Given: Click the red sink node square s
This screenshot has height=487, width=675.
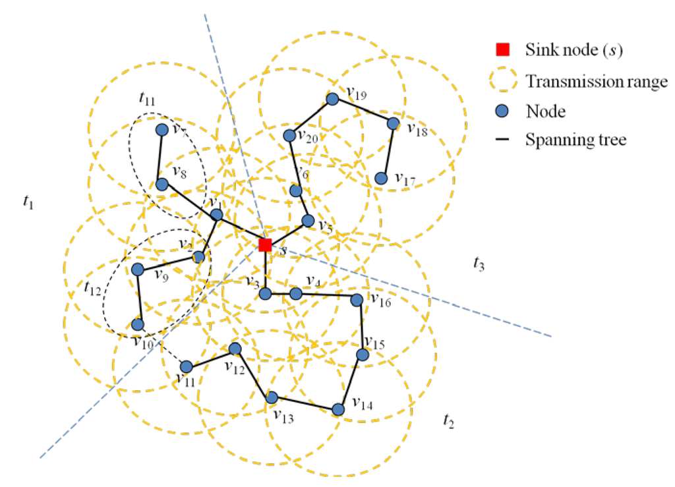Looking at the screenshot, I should pos(265,245).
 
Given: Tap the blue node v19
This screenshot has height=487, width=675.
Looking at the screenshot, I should pos(333,99).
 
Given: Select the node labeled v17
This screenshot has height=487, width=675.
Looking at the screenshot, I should pos(380,179).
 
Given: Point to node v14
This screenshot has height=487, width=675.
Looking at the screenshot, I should pos(338,409).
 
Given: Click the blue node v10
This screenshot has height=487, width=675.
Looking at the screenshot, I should pos(138,324).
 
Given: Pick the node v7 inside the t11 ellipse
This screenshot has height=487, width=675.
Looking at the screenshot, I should pos(161,130).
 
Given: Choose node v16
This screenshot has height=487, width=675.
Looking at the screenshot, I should pos(356,300).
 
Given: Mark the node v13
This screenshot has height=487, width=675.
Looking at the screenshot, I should pos(271,397).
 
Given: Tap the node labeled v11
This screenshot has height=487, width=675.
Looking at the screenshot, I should pos(187,366).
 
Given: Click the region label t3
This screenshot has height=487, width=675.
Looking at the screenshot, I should pos(479,264).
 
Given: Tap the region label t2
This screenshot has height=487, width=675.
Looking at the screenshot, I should pos(448,420).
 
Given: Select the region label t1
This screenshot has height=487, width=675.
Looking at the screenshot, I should pos(27,203).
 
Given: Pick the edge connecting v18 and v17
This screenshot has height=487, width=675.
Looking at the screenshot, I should pos(387,151).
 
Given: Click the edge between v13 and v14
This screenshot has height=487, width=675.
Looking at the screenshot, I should pos(305,403).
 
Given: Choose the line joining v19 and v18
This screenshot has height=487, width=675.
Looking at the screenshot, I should pos(363,111).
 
